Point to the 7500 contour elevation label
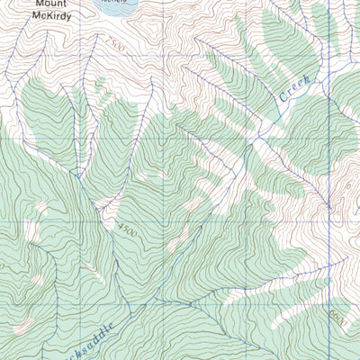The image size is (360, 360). tap(114, 43)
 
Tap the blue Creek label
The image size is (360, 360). tap(293, 89)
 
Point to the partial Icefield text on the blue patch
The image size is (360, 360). tap(114, 3)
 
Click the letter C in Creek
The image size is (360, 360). tap(282, 98)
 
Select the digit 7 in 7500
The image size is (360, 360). tap(106, 40)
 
